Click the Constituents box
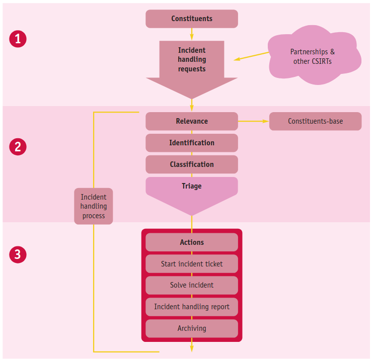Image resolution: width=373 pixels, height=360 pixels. pyautogui.click(x=192, y=19)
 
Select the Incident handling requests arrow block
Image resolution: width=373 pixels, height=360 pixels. pyautogui.click(x=192, y=63)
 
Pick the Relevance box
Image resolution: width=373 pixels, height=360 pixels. pyautogui.click(x=192, y=121)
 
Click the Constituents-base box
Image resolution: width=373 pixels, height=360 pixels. pyautogui.click(x=315, y=121)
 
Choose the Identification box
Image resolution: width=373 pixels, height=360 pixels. pyautogui.click(x=192, y=143)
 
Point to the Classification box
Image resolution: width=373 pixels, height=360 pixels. pyautogui.click(x=192, y=164)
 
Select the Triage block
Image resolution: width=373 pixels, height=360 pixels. pyautogui.click(x=192, y=191)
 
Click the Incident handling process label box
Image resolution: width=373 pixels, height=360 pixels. pyautogui.click(x=94, y=206)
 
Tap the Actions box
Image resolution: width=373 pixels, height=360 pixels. pyautogui.click(x=192, y=242)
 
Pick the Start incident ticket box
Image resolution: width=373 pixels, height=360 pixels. pyautogui.click(x=192, y=264)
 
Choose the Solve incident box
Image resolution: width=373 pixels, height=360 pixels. pyautogui.click(x=192, y=285)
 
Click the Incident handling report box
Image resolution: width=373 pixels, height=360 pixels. pyautogui.click(x=192, y=307)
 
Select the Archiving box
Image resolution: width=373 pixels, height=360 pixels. pyautogui.click(x=192, y=328)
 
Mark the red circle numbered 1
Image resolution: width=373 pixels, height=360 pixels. pyautogui.click(x=18, y=39)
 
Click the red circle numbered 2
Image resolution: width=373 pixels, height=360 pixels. pyautogui.click(x=18, y=147)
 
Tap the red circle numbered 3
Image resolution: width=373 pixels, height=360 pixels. pyautogui.click(x=18, y=255)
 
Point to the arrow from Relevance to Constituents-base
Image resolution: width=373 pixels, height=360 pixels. pyautogui.click(x=253, y=121)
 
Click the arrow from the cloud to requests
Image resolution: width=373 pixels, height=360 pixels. pyautogui.click(x=252, y=56)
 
